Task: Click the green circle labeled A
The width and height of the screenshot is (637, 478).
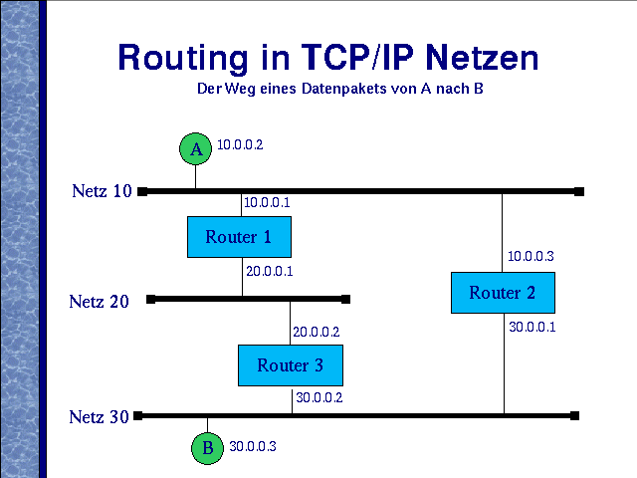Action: [x=195, y=148]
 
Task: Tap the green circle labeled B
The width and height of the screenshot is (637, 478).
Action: [x=207, y=448]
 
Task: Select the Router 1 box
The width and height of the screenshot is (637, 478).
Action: [x=239, y=237]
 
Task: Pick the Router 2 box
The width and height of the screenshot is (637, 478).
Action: [x=503, y=293]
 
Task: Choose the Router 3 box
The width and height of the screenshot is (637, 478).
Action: [x=291, y=365]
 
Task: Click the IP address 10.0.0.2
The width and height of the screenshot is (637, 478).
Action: [x=240, y=144]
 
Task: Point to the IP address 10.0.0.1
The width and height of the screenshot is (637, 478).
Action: [x=267, y=202]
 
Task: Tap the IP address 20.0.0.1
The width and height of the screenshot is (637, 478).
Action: [x=270, y=271]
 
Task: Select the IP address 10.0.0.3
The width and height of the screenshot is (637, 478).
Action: [x=531, y=256]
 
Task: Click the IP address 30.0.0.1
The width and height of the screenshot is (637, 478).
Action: [x=532, y=327]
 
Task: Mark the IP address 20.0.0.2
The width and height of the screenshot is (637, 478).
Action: [x=317, y=332]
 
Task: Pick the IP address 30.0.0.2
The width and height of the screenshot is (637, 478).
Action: [x=319, y=397]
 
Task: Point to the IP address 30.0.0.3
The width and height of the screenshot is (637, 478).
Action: [x=253, y=446]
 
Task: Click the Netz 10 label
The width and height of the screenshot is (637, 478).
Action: [x=102, y=191]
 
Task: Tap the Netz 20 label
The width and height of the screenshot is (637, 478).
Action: [x=100, y=302]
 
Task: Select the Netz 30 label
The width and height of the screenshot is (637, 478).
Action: [x=100, y=417]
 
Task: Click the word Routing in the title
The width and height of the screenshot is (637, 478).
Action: [x=183, y=59]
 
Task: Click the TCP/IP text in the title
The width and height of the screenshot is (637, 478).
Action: [x=357, y=57]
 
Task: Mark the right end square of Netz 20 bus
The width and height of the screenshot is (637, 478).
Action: [x=345, y=299]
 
